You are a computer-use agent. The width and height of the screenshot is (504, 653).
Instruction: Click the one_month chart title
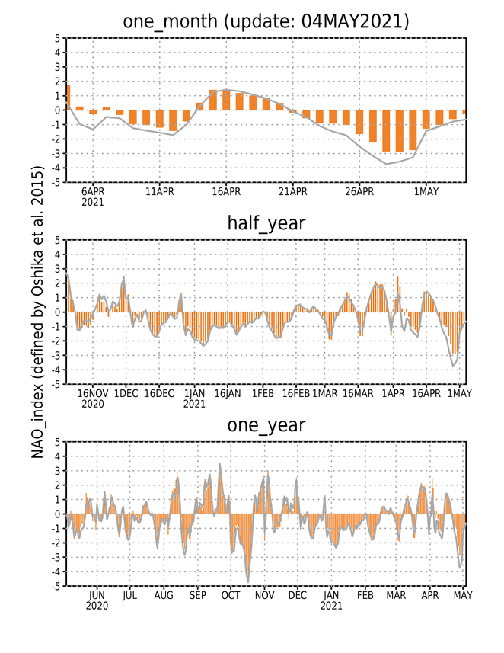tap(266, 21)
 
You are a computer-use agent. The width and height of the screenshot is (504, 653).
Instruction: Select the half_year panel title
tap(266, 223)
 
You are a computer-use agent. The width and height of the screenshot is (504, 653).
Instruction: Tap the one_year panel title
tap(266, 425)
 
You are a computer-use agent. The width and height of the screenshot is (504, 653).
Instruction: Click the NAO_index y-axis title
tap(37, 312)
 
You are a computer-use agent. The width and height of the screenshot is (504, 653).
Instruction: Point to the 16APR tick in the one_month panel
tap(226, 191)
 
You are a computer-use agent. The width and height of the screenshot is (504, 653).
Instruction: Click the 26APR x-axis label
tap(359, 191)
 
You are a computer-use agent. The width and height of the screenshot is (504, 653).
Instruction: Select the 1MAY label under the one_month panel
tap(426, 191)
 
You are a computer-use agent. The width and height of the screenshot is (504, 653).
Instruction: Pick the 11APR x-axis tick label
tap(159, 191)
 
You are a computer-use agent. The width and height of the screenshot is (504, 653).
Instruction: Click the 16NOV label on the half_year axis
tap(93, 393)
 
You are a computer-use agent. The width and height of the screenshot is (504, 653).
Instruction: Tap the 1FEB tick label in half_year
tap(263, 393)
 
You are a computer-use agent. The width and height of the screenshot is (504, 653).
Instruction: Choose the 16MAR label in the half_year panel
tap(358, 393)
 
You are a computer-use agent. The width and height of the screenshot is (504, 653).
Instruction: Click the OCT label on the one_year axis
tap(231, 596)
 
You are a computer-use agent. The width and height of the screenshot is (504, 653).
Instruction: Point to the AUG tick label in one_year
tap(164, 596)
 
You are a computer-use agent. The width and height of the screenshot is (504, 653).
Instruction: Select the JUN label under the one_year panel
tap(97, 596)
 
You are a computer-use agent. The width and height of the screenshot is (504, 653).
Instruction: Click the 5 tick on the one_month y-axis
tap(57, 38)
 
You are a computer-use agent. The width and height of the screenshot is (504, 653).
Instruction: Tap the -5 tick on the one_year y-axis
tap(56, 586)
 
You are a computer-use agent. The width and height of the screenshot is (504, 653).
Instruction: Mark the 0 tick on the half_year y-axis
tap(57, 312)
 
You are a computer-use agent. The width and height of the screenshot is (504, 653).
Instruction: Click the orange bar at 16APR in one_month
tap(226, 101)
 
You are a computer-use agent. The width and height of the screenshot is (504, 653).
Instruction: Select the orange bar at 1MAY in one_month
tap(426, 120)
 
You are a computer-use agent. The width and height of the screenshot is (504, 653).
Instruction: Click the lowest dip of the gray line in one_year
tap(248, 582)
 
